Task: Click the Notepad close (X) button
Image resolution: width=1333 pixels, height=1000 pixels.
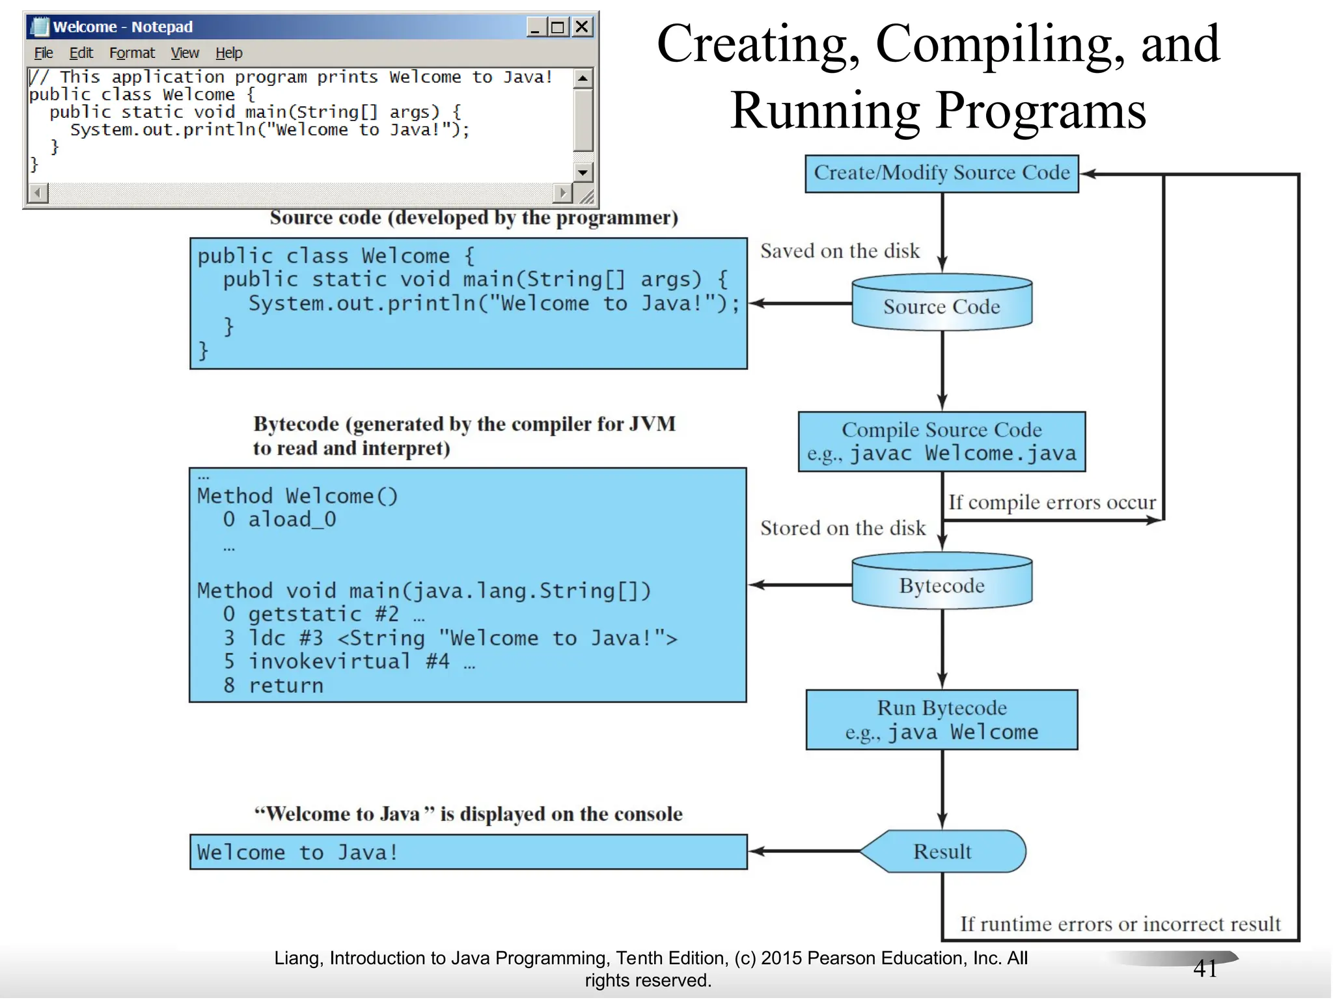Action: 582,27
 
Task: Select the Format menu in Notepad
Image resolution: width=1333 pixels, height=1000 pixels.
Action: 132,53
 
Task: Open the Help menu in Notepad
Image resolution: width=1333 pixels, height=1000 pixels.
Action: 229,53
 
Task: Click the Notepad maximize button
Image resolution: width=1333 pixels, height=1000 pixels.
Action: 558,27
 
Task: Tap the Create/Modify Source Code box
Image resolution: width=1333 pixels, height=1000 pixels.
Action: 941,173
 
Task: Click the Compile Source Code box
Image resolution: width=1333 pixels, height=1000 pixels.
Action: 941,441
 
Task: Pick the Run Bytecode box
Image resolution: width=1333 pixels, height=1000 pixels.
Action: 941,719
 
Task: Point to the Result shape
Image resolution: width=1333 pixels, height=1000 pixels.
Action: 941,851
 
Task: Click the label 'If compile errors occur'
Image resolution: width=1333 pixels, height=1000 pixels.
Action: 1052,503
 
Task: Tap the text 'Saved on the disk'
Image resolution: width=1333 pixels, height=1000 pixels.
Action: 840,251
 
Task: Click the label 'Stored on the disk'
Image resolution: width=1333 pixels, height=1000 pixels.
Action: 842,528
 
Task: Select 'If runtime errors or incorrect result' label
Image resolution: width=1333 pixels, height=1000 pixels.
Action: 1120,924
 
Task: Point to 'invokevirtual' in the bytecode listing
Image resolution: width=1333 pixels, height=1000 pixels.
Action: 329,661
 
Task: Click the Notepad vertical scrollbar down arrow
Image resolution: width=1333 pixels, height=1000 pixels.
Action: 583,173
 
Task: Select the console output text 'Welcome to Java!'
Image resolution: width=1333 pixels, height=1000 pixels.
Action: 297,852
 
